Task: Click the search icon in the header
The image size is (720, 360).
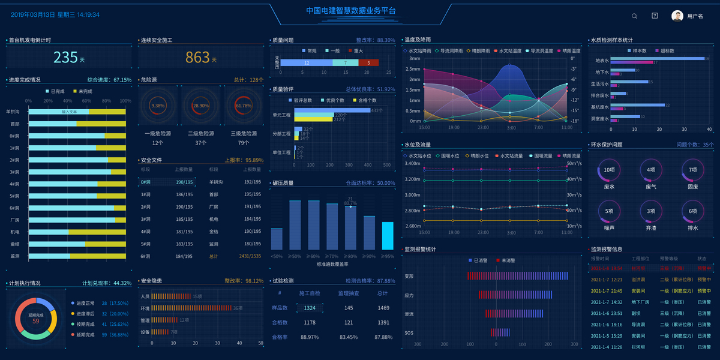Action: [635, 16]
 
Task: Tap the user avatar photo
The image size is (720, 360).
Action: [677, 16]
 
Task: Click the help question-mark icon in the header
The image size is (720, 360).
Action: [655, 16]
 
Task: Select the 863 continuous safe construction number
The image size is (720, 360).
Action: [197, 58]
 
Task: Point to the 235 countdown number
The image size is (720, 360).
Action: [65, 58]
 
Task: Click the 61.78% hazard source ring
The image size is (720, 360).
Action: [244, 106]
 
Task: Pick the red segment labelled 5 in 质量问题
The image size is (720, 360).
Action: [368, 62]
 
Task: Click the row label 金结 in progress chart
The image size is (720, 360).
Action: [15, 244]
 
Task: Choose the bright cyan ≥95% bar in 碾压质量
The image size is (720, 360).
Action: [388, 235]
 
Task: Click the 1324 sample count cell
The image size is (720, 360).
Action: [310, 308]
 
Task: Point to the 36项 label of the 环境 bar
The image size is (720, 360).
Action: [238, 308]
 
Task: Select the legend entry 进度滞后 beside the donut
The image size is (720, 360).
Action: [85, 313]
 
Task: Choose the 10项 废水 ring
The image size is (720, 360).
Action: [609, 170]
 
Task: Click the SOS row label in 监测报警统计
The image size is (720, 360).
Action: [409, 333]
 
